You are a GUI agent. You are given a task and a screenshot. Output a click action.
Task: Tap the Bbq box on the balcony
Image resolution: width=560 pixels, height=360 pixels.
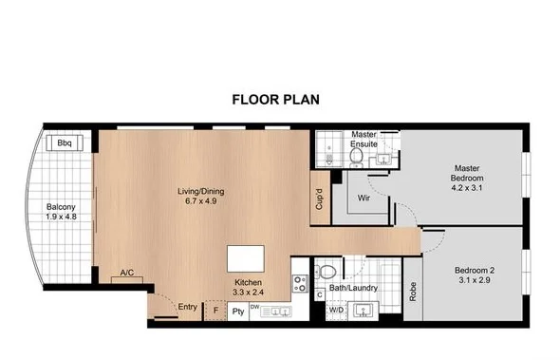pyautogui.click(x=65, y=143)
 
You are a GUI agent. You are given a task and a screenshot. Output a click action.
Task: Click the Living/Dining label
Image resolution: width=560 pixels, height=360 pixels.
pyautogui.click(x=201, y=196)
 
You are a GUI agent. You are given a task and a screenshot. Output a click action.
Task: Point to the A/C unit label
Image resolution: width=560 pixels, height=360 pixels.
pyautogui.click(x=126, y=274)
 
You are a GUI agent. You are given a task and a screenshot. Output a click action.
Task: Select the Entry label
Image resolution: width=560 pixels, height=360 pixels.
pyautogui.click(x=188, y=306)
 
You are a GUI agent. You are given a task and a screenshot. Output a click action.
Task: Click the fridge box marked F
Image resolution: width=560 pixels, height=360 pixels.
pyautogui.click(x=215, y=310)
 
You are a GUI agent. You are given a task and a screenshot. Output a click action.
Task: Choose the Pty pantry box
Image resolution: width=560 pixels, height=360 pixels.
pyautogui.click(x=238, y=310)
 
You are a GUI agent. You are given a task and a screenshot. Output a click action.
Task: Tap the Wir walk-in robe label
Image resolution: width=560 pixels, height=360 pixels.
pyautogui.click(x=363, y=198)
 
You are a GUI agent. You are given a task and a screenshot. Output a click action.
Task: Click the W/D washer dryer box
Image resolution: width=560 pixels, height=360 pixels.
pyautogui.click(x=336, y=310)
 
